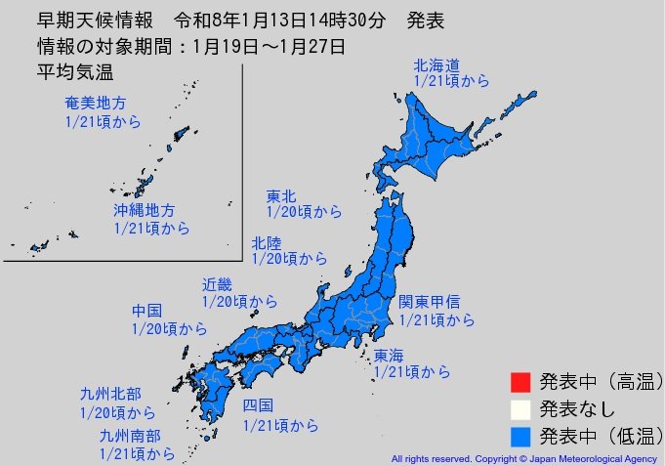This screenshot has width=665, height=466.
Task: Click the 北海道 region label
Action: pyautogui.click(x=436, y=65)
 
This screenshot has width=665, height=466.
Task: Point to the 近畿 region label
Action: pyautogui.click(x=217, y=285)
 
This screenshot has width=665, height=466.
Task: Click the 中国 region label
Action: pyautogui.click(x=147, y=311)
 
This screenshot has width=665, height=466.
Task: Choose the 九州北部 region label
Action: pyautogui.click(x=107, y=395)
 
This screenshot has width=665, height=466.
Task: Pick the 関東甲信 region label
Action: pyautogui.click(x=429, y=302)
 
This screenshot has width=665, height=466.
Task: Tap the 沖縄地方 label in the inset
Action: pyautogui.click(x=143, y=210)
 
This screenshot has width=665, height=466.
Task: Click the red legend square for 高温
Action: pyautogui.click(x=520, y=379)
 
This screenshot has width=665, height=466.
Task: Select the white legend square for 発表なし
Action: pyautogui.click(x=520, y=406)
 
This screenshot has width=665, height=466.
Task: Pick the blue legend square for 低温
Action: pyautogui.click(x=520, y=434)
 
